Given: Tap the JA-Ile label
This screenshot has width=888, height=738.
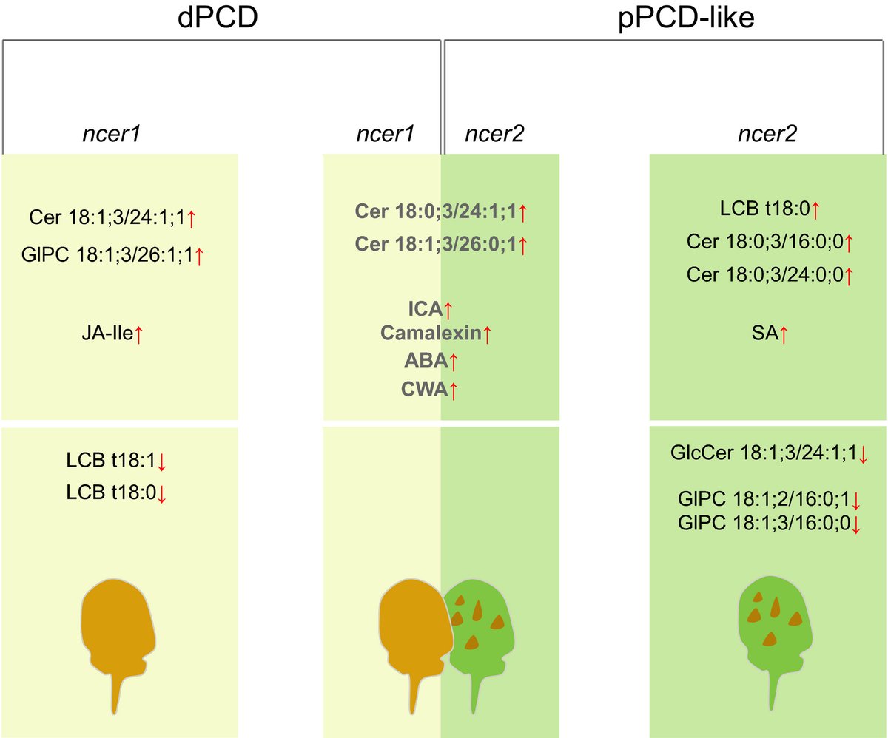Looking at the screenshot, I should pyautogui.click(x=107, y=334).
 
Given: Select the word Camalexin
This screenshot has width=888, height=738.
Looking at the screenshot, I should pyautogui.click(x=431, y=334).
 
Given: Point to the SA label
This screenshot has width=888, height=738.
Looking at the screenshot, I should pyautogui.click(x=764, y=334).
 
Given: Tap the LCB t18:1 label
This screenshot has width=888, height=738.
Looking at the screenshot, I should pyautogui.click(x=110, y=462).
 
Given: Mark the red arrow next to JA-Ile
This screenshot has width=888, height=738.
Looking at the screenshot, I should pyautogui.click(x=139, y=335).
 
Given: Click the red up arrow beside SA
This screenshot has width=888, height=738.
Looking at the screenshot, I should pyautogui.click(x=784, y=335).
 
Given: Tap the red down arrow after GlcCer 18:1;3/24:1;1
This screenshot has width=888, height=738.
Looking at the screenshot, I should pyautogui.click(x=863, y=454).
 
